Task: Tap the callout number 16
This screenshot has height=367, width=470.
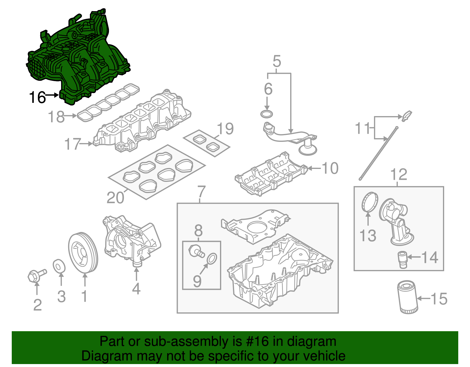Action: click(37, 97)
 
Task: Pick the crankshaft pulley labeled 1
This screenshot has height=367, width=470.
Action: click(83, 253)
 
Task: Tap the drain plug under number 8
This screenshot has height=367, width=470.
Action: click(196, 251)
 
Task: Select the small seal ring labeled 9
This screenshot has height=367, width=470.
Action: click(212, 258)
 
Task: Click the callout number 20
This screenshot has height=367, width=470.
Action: click(115, 197)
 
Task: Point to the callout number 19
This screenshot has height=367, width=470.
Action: click(225, 129)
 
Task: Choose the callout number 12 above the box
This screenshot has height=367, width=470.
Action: click(399, 175)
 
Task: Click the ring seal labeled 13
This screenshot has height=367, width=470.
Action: click(369, 202)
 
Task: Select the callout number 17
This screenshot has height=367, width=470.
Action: click(72, 144)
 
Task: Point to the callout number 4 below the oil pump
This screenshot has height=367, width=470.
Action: click(136, 289)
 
